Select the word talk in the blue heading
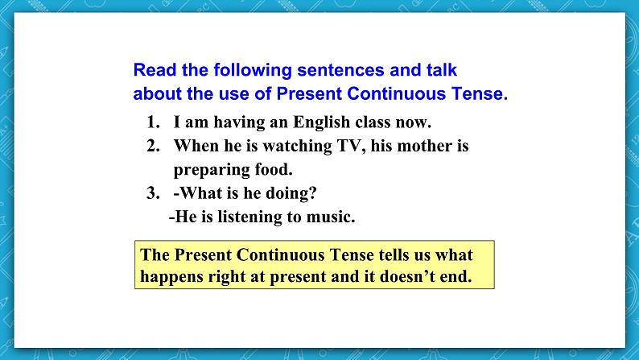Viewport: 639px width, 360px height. tap(441, 70)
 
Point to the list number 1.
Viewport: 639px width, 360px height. tap(153, 123)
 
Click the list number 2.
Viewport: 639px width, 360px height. tap(153, 147)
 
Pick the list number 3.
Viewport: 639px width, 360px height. tap(153, 193)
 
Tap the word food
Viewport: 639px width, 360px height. tap(273, 170)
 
